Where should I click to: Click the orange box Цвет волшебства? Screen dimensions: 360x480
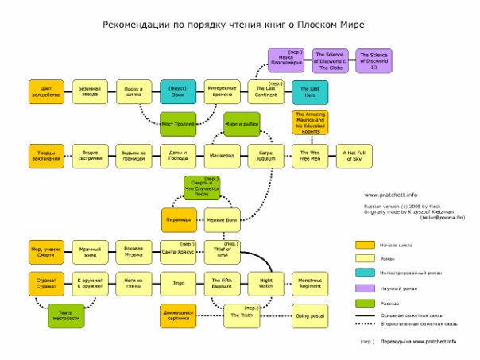click(46, 91)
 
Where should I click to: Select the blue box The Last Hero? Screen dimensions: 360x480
click(309, 91)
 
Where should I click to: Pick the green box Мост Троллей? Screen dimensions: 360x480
click(178, 125)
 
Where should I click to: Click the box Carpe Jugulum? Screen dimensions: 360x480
click(265, 154)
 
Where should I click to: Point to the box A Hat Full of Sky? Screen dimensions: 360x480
click(353, 154)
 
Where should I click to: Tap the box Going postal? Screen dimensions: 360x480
click(309, 315)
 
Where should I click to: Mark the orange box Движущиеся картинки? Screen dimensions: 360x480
click(178, 315)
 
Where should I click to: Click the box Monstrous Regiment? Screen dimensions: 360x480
click(309, 282)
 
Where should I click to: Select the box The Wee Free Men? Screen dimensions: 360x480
click(309, 154)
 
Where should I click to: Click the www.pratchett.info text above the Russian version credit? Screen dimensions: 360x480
click(392, 194)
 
